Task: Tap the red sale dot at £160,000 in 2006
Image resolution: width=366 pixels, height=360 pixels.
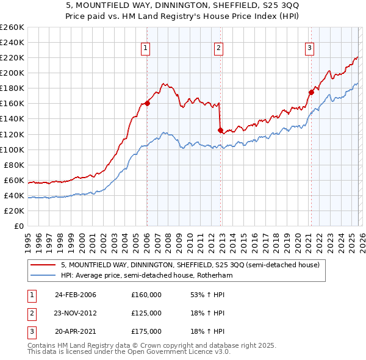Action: click(x=147, y=103)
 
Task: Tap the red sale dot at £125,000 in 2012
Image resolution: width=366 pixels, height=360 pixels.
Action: click(x=220, y=130)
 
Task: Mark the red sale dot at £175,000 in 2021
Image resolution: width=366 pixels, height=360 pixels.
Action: click(x=310, y=92)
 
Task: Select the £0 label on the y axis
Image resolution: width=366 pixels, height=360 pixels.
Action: click(x=19, y=226)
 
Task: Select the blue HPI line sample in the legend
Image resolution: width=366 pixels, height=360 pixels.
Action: click(x=42, y=276)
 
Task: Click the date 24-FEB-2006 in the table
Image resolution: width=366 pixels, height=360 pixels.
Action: click(x=75, y=295)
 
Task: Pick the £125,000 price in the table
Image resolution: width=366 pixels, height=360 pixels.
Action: click(x=146, y=313)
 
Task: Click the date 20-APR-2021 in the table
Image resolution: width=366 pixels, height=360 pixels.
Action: click(x=75, y=331)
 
